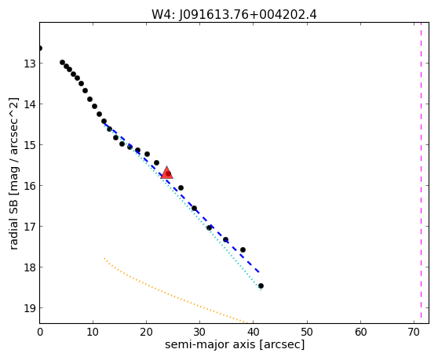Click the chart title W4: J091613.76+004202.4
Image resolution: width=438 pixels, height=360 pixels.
coord(234,15)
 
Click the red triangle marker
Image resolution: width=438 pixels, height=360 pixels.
coord(167,173)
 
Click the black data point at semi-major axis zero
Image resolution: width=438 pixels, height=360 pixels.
coord(40,49)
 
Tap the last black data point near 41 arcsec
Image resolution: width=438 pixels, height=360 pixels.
coord(261,285)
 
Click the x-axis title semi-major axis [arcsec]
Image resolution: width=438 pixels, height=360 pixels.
coord(235,344)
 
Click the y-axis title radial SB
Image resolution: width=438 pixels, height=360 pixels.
coord(13,173)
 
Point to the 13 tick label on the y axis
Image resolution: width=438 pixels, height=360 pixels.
coord(30,64)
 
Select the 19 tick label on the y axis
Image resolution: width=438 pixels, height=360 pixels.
coord(30,308)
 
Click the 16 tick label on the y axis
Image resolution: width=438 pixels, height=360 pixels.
coord(30,186)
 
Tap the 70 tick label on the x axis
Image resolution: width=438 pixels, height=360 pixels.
coord(414,332)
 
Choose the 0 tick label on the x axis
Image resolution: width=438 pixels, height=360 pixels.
coord(40,332)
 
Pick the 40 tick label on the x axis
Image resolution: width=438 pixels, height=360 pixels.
coord(254,332)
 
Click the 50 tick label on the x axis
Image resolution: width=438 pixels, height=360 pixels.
coord(307,332)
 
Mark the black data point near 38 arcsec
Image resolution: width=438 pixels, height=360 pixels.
coord(243,249)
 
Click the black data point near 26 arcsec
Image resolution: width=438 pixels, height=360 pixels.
coord(181,187)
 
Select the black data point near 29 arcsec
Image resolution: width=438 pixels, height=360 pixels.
coord(194,208)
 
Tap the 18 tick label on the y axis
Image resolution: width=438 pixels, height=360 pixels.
coord(30,267)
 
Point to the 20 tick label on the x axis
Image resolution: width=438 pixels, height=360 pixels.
coord(146,332)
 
